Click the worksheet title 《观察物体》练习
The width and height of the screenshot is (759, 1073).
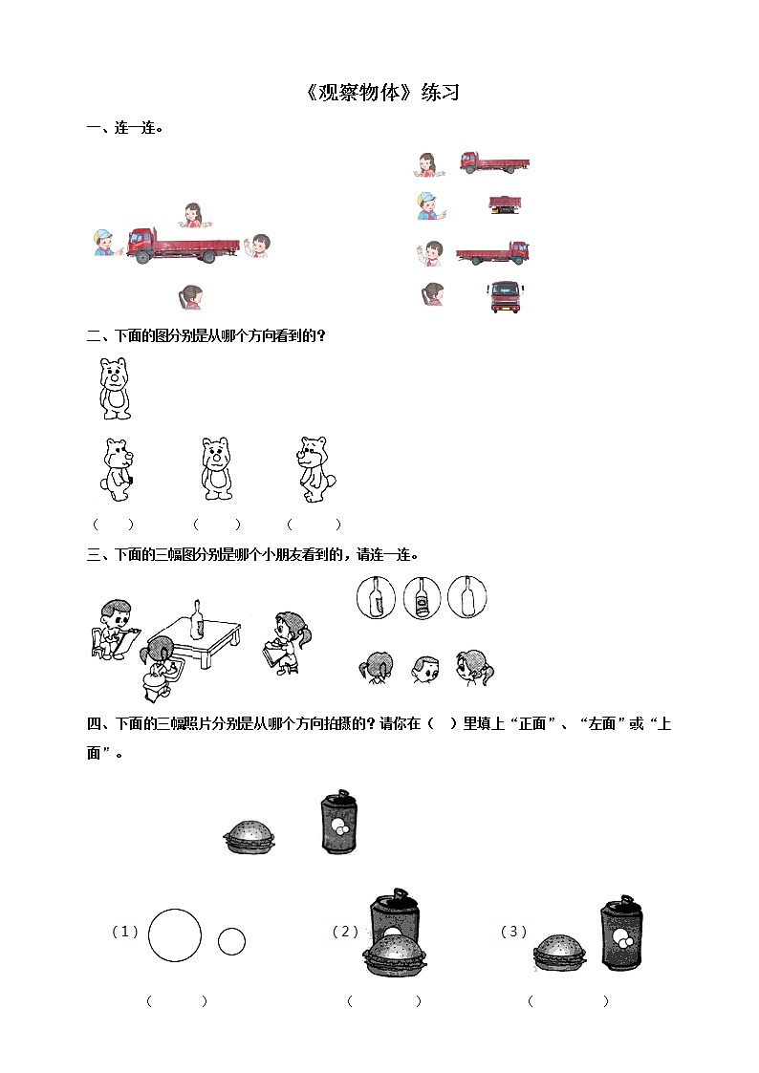(383, 93)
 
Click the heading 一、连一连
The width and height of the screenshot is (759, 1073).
(124, 128)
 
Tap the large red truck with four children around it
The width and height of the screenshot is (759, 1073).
(184, 246)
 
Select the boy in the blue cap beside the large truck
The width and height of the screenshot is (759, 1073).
(106, 244)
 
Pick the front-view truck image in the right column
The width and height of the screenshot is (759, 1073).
(506, 297)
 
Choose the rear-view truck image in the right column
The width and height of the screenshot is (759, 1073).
(506, 204)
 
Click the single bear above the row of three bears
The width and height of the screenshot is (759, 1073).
(115, 388)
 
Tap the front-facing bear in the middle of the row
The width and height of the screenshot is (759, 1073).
(217, 469)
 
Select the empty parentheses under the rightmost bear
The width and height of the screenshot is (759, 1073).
(314, 525)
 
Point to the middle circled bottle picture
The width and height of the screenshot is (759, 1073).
(422, 597)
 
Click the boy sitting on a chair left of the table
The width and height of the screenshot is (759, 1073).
(114, 630)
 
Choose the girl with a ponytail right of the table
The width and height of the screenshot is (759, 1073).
(286, 643)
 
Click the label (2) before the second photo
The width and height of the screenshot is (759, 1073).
(346, 932)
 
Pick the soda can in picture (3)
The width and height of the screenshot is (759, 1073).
(622, 933)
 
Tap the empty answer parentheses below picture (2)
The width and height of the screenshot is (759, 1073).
(384, 1001)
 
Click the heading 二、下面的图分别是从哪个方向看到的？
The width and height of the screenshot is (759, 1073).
(206, 336)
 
